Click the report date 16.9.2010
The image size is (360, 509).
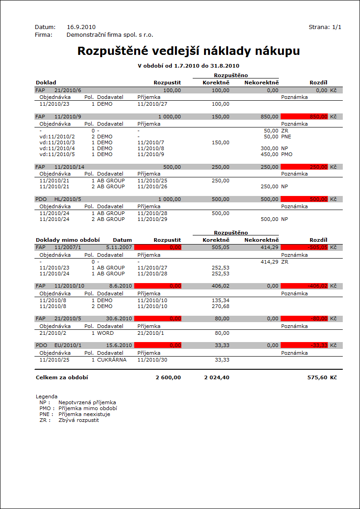pyautogui.click(x=81, y=27)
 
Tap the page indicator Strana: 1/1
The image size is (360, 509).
pyautogui.click(x=325, y=27)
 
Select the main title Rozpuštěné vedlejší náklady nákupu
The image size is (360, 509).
pyautogui.click(x=188, y=51)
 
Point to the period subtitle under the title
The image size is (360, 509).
pyautogui.click(x=188, y=66)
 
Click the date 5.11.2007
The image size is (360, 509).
pyautogui.click(x=119, y=247)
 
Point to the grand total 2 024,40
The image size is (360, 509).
pyautogui.click(x=217, y=377)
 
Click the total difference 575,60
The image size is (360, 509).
pyautogui.click(x=317, y=377)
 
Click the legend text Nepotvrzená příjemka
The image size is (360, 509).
pyautogui.click(x=87, y=402)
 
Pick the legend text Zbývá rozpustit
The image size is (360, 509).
pyautogui.click(x=78, y=420)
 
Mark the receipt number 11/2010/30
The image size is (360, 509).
pyautogui.click(x=152, y=360)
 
